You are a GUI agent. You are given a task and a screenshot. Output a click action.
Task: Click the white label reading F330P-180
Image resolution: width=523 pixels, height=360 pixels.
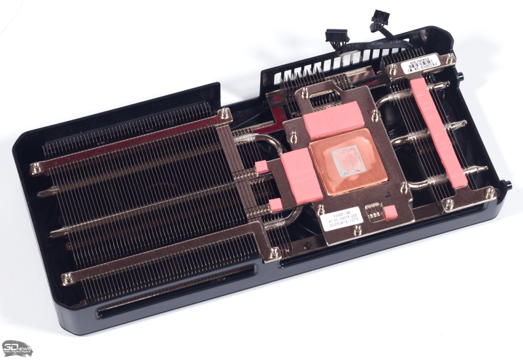coord(336,220)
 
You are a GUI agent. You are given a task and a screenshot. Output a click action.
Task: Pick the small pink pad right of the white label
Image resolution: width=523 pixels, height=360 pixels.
coord(392,212)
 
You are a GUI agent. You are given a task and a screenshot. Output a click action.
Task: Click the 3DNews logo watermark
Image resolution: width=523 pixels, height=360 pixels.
coord(16,347)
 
